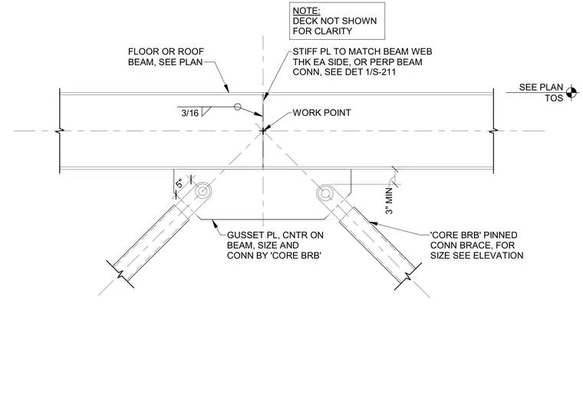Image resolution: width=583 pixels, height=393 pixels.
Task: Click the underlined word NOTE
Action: pos(306,11)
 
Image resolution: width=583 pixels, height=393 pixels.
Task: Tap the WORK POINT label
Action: pos(321,113)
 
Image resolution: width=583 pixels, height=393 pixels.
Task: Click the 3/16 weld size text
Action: pos(190,113)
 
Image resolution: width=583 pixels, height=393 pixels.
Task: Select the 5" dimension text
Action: pos(180,183)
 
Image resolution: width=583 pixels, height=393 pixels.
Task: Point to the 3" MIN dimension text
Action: pos(389,201)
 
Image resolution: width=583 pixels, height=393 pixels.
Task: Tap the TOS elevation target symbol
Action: pos(571,92)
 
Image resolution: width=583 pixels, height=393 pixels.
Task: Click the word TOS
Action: pos(554,98)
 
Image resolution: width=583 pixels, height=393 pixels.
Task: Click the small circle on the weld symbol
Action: pos(238,107)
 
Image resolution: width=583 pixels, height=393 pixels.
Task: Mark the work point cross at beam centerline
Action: pos(263,131)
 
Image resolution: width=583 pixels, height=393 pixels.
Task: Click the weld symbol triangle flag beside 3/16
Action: pos(206,111)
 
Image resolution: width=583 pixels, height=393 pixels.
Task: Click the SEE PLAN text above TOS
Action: pos(541,88)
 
